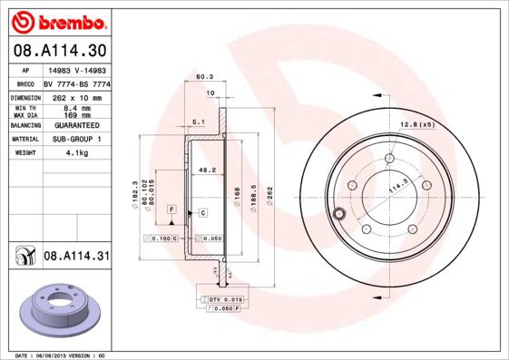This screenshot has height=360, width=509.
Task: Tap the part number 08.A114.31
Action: coord(77,258)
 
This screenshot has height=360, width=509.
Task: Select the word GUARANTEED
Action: coord(76,124)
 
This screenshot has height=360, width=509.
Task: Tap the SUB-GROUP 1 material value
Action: coord(76,139)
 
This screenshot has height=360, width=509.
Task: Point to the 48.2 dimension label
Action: coord(207,169)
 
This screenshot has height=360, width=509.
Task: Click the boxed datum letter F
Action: coord(170,209)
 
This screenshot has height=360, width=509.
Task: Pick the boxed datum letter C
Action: coord(203,212)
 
